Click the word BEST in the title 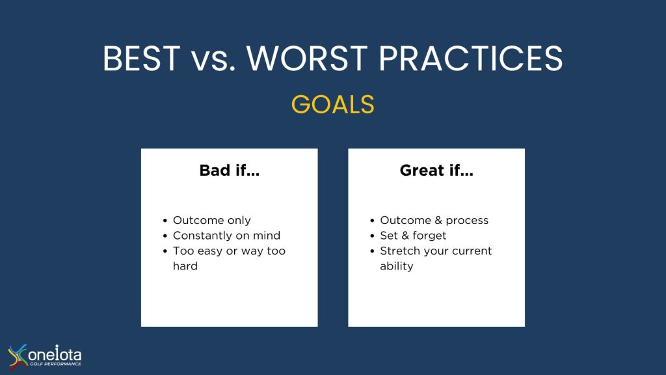[142, 58]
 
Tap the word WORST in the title [307, 58]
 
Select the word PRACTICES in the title [471, 58]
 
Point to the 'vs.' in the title [213, 62]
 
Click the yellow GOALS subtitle [332, 104]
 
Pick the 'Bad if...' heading [230, 171]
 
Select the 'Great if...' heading [436, 171]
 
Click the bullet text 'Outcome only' [211, 220]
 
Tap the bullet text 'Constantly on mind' [226, 236]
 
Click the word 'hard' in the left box [185, 266]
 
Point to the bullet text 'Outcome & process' [434, 220]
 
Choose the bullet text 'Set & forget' [413, 236]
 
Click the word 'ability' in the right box [396, 266]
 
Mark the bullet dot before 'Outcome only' [165, 221]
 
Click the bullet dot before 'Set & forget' [372, 236]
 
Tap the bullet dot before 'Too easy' [165, 251]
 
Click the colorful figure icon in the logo [18, 356]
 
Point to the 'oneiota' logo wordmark [55, 354]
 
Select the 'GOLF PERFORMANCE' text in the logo [55, 364]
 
